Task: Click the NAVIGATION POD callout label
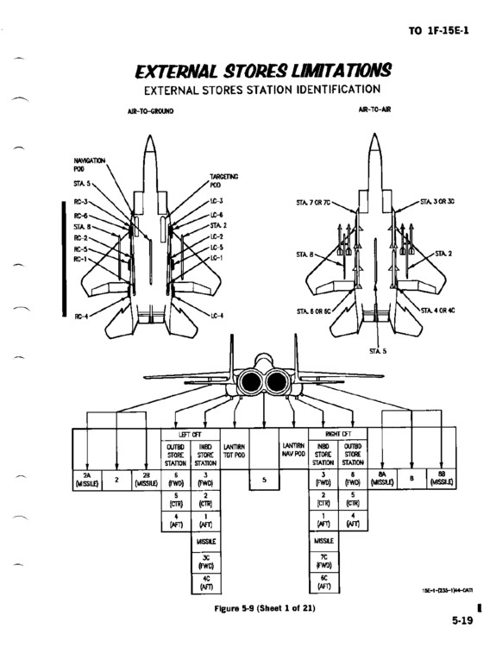click(90, 163)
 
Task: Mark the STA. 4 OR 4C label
click(437, 310)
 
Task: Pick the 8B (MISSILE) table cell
click(443, 481)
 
